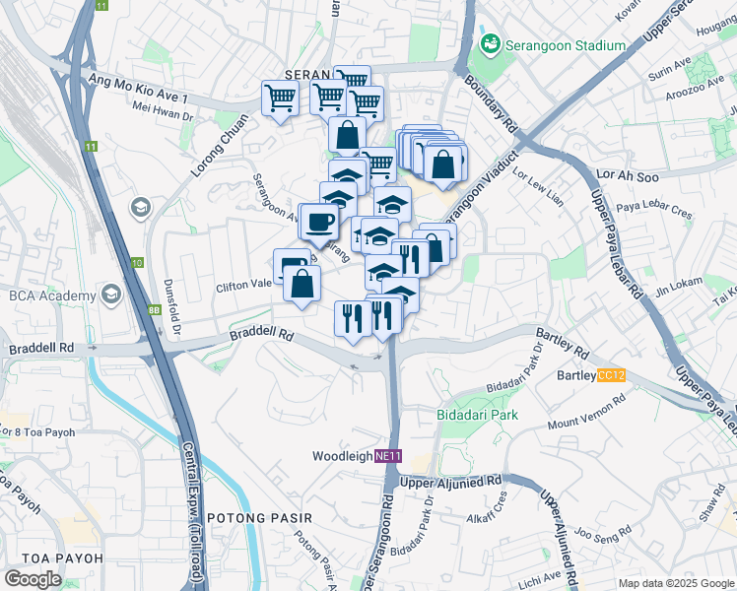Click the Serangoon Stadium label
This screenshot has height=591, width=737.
566,45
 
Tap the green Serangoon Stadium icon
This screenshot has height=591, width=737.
489,45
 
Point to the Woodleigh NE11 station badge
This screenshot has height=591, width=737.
391,456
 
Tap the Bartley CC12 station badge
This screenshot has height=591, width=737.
611,375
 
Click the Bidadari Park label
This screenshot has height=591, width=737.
477,415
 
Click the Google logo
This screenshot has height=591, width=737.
33,578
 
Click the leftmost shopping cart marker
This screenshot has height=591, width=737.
280,98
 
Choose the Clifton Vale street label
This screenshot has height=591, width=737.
244,287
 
